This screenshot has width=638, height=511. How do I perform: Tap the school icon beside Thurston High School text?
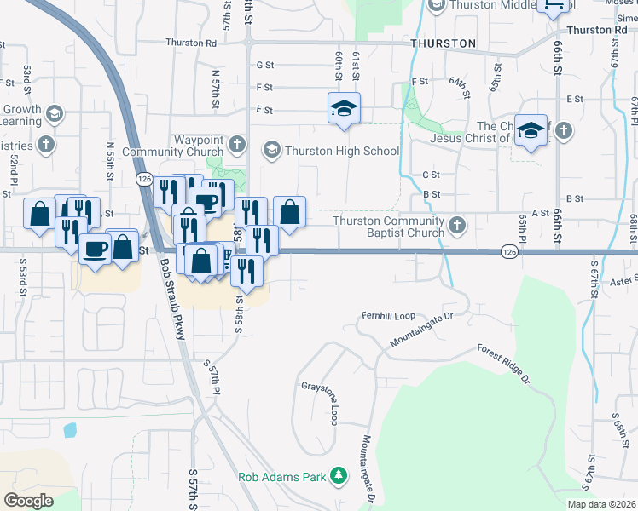pos(272,151)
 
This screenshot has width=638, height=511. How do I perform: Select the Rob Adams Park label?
pos(283,476)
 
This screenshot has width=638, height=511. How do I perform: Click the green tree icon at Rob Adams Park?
pos(339,475)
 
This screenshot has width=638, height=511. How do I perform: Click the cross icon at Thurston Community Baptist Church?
pos(457,226)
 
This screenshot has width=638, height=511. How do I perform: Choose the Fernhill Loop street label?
pos(387,314)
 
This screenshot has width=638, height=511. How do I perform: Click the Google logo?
pos(28,500)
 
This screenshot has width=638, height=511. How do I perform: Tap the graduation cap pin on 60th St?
pos(344,108)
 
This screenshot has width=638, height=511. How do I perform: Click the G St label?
pos(264,65)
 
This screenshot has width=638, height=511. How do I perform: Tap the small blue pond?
pos(70,429)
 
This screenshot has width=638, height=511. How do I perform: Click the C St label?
pos(431,175)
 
